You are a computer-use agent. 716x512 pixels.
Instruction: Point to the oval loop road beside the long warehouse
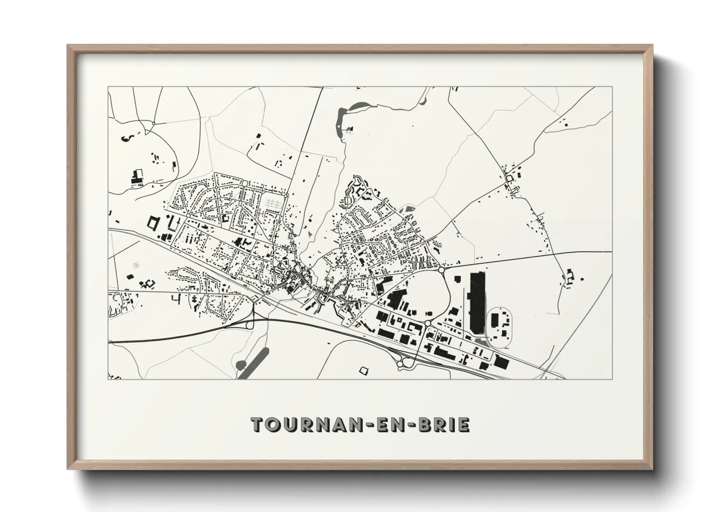click(x=499, y=328)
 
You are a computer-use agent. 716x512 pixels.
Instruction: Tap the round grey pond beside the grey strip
click(x=240, y=364)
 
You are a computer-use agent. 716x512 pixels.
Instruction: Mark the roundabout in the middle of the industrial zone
click(x=427, y=323)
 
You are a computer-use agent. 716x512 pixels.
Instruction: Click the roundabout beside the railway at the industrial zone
click(x=402, y=361)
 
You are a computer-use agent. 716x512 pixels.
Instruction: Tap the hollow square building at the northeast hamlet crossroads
click(x=508, y=179)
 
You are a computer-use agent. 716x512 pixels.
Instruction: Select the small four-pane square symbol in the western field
click(x=136, y=264)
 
